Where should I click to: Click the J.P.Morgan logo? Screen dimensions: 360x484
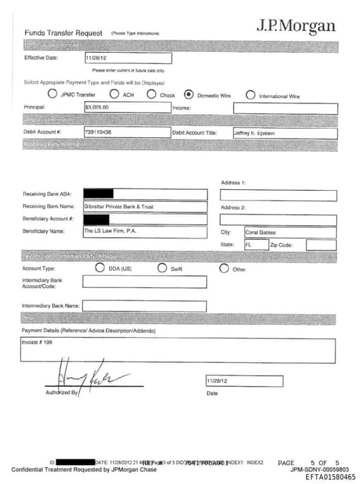click(295, 26)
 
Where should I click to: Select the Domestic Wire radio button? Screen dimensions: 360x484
click(188, 94)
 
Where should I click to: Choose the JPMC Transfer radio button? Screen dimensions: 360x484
click(52, 94)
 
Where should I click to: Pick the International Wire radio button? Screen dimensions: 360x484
click(250, 95)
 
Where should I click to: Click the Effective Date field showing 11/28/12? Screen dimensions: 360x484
click(127, 58)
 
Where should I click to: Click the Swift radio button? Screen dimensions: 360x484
click(162, 268)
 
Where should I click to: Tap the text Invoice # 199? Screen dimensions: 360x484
click(38, 342)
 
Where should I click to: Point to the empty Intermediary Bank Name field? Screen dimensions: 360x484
click(145, 306)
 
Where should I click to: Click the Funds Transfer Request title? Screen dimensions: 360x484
click(63, 33)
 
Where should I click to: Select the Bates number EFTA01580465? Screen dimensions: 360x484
click(330, 477)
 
